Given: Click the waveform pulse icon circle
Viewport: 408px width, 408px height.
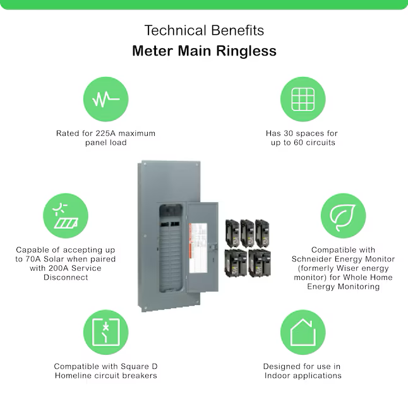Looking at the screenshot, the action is click(x=106, y=99).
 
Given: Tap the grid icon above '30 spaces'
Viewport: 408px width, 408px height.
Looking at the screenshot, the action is click(x=303, y=99).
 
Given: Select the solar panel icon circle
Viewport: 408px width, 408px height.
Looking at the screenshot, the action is click(x=66, y=216).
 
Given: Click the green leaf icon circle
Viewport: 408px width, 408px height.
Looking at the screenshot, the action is click(x=343, y=216).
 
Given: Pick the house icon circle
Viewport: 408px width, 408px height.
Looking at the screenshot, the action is click(x=303, y=332).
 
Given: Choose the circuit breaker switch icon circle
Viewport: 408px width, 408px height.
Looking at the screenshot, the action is click(x=106, y=332).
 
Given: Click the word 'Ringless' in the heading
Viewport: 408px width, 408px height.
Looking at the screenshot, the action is click(x=246, y=51).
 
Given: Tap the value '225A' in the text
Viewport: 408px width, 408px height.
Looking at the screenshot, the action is click(x=106, y=133).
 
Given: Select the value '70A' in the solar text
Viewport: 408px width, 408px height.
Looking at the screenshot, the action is click(x=33, y=259).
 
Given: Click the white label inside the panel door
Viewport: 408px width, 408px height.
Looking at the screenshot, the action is click(x=198, y=248).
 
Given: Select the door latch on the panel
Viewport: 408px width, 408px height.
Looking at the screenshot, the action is click(x=213, y=246).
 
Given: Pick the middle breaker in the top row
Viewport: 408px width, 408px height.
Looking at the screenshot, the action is click(x=247, y=233).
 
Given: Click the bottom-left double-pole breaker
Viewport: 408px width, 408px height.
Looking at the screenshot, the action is click(x=236, y=263).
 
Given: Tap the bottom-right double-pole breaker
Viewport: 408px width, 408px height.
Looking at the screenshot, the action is click(x=260, y=263).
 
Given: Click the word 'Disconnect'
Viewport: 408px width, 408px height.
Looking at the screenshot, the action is click(x=66, y=277).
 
